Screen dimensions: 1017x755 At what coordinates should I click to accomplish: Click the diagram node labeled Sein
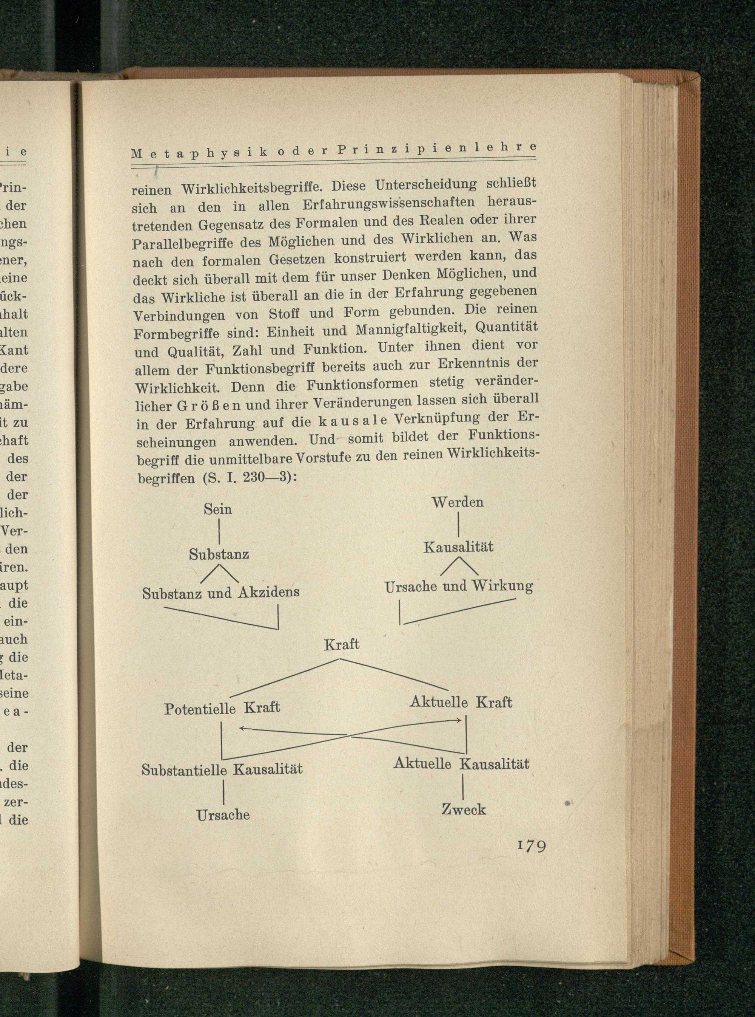coord(217,509)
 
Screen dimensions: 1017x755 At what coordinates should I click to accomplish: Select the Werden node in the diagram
coord(458,502)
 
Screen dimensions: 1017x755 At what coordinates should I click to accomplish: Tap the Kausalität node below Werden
coord(458,547)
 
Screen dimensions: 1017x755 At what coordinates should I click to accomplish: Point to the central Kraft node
coord(341,645)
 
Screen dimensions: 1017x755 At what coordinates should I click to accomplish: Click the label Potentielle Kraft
coord(222,708)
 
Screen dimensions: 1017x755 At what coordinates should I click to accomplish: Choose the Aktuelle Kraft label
coord(461,702)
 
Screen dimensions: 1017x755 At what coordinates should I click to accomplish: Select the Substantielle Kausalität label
coord(222,769)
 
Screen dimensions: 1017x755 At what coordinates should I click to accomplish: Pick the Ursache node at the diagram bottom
coord(223,815)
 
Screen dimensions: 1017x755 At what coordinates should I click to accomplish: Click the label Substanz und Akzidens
coord(221,593)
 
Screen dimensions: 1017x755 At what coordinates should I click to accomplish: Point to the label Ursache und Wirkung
coord(458,587)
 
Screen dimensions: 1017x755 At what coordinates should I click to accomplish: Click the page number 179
coord(532,846)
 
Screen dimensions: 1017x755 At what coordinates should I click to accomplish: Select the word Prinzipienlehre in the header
coord(436,149)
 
